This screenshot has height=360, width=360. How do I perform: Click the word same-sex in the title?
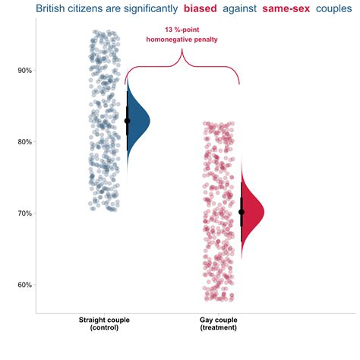pyautogui.click(x=286, y=9)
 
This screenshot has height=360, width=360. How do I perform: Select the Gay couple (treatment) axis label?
pyautogui.click(x=219, y=324)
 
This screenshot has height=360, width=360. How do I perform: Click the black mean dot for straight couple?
pyautogui.click(x=128, y=120)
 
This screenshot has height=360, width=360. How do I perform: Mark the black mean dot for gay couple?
pyautogui.click(x=242, y=212)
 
